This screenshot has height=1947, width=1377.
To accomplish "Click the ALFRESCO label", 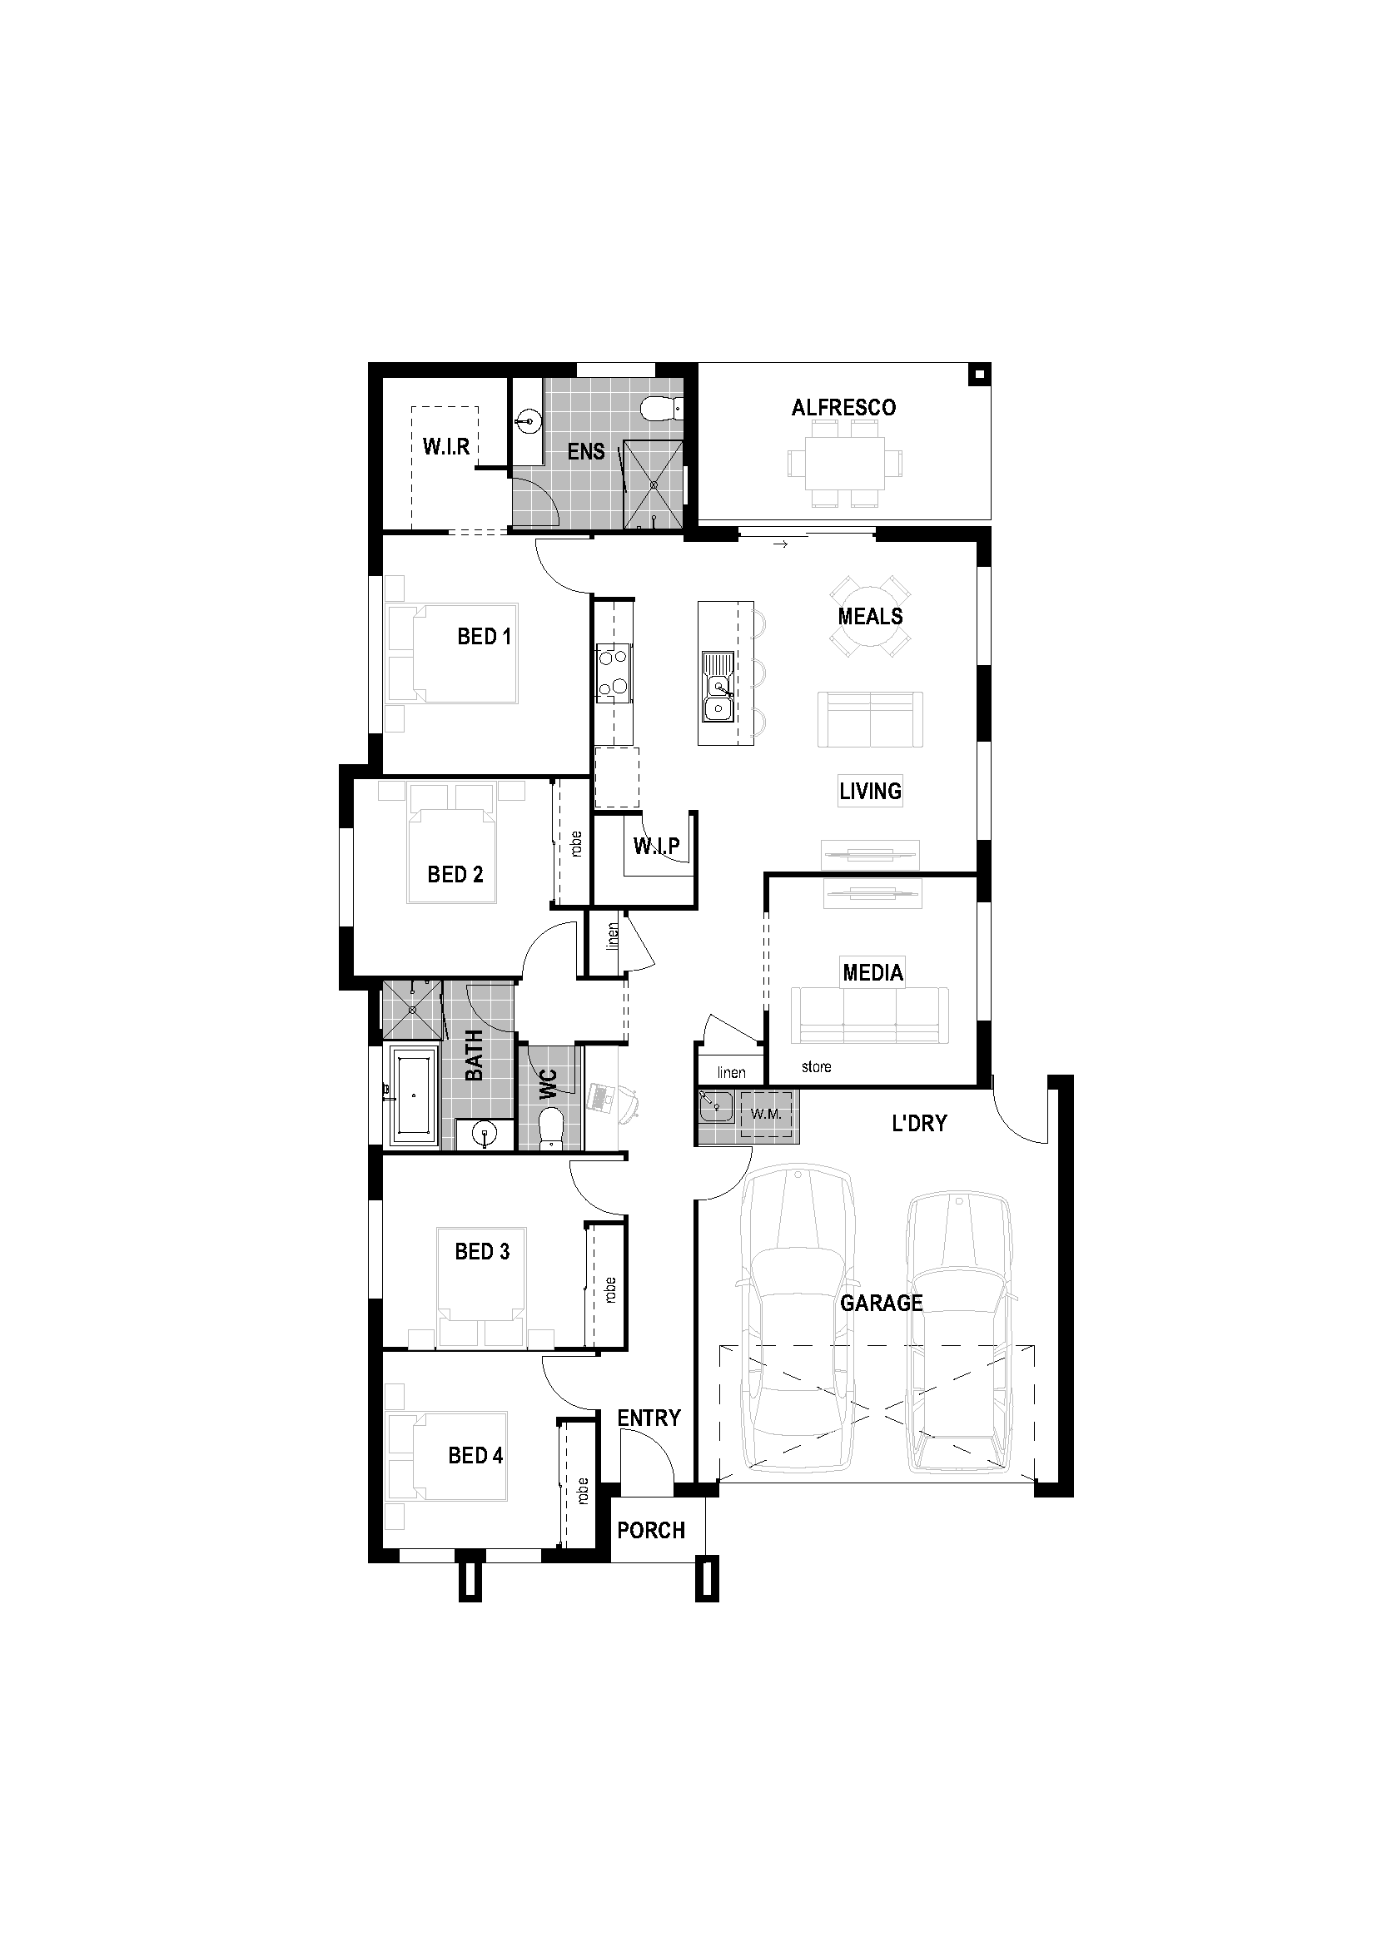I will (x=843, y=408).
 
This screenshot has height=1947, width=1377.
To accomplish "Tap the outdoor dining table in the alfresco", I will (x=844, y=463).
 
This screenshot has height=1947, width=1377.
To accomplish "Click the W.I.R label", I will (x=446, y=447).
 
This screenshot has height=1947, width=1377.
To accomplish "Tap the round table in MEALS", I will (x=870, y=617).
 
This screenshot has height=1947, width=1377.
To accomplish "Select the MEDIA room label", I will (x=872, y=971).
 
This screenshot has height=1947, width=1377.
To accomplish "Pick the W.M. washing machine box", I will (x=767, y=1115).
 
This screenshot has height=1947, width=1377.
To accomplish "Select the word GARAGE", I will (x=881, y=1303).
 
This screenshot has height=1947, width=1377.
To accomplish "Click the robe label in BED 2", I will (x=577, y=844).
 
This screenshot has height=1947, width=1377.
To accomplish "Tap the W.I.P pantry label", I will (x=655, y=846).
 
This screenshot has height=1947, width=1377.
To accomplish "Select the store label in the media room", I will (x=816, y=1067).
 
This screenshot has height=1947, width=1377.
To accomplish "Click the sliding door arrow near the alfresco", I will (x=781, y=544).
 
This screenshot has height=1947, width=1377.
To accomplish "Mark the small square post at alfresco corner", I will (x=978, y=373).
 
